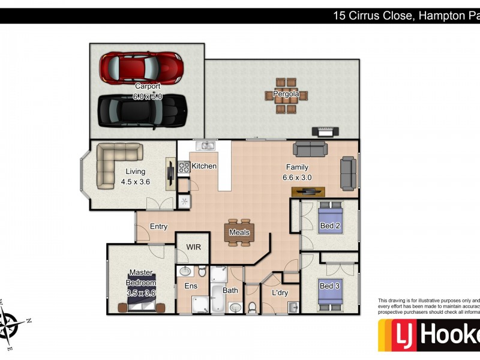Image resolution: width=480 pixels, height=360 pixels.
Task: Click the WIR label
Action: tap(193, 247)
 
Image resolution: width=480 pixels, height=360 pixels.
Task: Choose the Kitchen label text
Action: tap(204, 166)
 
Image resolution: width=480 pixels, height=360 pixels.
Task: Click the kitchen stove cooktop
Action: tap(184, 167)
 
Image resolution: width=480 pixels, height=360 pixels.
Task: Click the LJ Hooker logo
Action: tap(428, 335)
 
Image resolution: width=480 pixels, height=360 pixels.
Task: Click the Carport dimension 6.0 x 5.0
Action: tap(148, 96)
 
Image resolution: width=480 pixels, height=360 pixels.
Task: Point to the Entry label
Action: tap(158, 226)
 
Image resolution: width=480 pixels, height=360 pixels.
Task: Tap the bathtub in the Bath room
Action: tap(220, 298)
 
